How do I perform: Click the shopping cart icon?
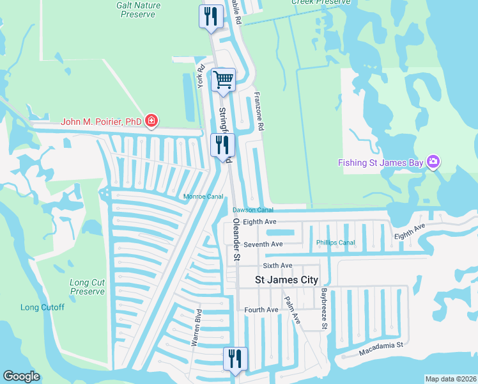(223, 80)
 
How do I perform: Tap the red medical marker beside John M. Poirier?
(151, 120)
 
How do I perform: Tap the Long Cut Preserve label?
(87, 287)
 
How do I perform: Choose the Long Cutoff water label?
(42, 307)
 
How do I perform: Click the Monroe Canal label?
(203, 196)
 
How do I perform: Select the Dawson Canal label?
(252, 209)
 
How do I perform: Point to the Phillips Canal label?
(335, 243)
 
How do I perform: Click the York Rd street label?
(201, 76)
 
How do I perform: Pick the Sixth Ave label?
(277, 266)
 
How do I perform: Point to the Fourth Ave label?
(261, 310)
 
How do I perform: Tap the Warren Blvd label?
(197, 328)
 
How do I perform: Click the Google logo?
(21, 376)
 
